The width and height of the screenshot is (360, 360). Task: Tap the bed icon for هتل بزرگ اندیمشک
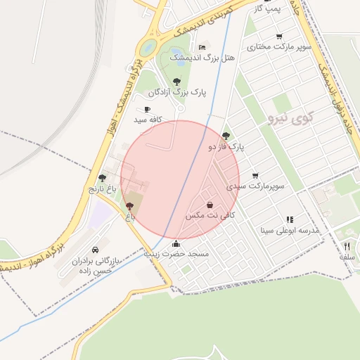click(x=202, y=47)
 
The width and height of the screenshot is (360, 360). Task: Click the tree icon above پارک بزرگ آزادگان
click(x=176, y=82)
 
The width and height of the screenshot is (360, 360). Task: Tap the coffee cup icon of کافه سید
click(x=146, y=109)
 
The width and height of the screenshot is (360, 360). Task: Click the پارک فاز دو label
click(x=226, y=147)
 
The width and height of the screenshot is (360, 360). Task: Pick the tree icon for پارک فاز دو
click(x=225, y=136)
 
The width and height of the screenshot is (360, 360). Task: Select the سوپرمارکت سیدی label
click(x=255, y=187)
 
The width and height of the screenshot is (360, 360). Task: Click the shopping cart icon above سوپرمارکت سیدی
click(x=255, y=176)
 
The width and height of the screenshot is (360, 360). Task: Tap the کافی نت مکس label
click(x=210, y=215)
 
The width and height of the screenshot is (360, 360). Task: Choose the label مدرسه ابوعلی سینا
click(x=290, y=230)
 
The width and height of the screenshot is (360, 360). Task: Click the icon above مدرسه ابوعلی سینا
click(x=290, y=219)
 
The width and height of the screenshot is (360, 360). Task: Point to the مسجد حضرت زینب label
click(x=176, y=254)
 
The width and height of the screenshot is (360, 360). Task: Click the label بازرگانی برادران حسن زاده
click(x=96, y=265)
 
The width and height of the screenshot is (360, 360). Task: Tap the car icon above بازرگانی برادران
click(x=95, y=250)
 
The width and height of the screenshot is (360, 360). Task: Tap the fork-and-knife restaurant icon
click(x=346, y=246)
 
